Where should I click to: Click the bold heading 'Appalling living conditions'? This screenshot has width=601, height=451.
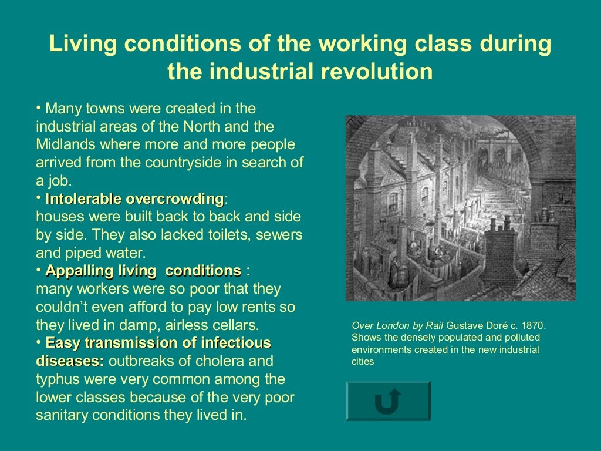143,271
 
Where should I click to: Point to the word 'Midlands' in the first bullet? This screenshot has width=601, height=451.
65,144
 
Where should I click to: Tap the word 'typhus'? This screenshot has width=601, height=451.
58,379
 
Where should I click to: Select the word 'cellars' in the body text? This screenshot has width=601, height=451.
237,325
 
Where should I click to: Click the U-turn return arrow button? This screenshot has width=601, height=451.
387,401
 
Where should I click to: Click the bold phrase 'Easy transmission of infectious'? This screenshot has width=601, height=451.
158,342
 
